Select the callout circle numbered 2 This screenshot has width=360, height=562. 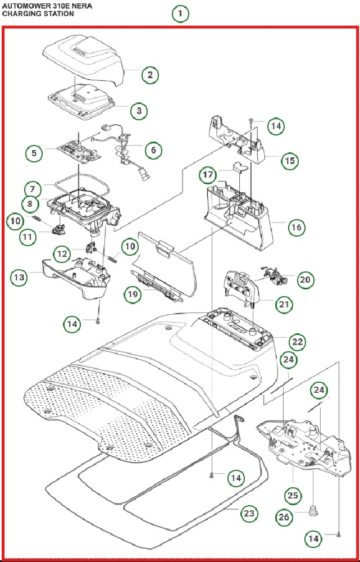[x=150, y=75]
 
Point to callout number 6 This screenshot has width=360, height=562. [x=153, y=150]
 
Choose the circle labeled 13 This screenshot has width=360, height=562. [x=19, y=277]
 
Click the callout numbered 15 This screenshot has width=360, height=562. [x=290, y=161]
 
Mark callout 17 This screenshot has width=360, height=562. [x=208, y=175]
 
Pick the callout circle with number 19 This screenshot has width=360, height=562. [x=133, y=294]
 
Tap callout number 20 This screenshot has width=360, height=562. [x=306, y=279]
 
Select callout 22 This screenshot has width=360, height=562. [x=298, y=341]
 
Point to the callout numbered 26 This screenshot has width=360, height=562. [x=285, y=517]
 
